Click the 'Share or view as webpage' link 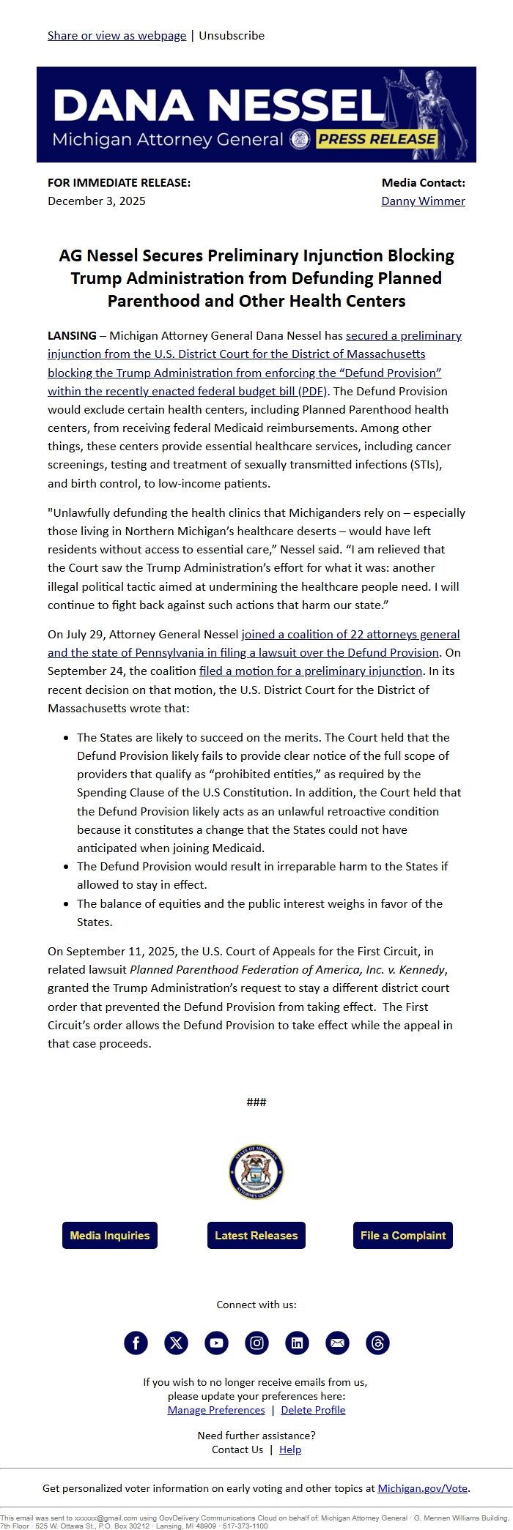click(x=117, y=35)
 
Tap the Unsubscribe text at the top click(x=232, y=35)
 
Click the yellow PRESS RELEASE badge click(x=377, y=139)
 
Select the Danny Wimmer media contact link click(x=423, y=201)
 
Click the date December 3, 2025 click(x=97, y=201)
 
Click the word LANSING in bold click(x=72, y=335)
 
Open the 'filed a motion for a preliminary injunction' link click(x=311, y=671)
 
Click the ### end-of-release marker click(x=256, y=1102)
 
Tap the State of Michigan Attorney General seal click(x=256, y=1172)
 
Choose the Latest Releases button click(x=256, y=1235)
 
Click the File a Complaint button click(x=403, y=1235)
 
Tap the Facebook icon click(x=136, y=1343)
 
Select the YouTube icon click(x=216, y=1343)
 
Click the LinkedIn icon click(x=297, y=1343)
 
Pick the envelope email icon click(x=337, y=1343)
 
